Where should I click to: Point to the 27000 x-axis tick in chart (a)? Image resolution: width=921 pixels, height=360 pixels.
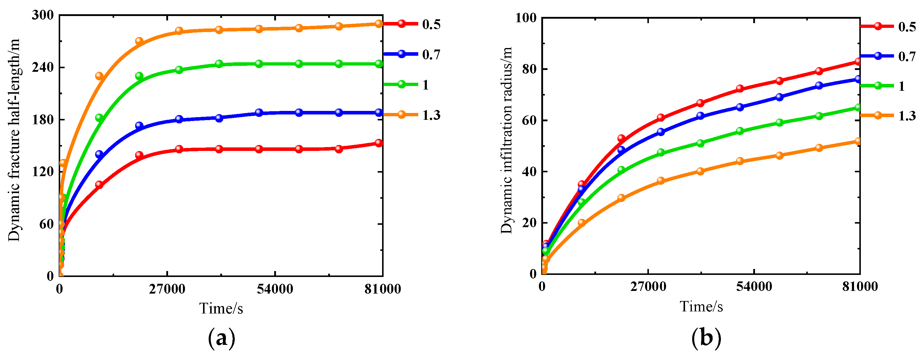pos(167,289)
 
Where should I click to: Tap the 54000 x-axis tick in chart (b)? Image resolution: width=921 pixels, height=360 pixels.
pos(754,287)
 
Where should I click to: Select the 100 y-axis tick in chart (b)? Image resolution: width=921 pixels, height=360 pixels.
pos(526,17)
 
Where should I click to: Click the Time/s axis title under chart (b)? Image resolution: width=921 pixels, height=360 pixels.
pos(701,307)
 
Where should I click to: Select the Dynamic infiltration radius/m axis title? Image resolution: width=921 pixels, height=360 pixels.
pos(506,140)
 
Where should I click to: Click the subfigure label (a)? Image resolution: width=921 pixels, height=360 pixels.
pos(221,338)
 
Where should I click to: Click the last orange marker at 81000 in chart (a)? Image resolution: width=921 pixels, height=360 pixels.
pos(379,24)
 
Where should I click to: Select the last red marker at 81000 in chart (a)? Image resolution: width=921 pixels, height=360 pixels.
pos(379,143)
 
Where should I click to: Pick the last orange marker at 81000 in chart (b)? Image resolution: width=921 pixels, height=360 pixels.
pos(858,141)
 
